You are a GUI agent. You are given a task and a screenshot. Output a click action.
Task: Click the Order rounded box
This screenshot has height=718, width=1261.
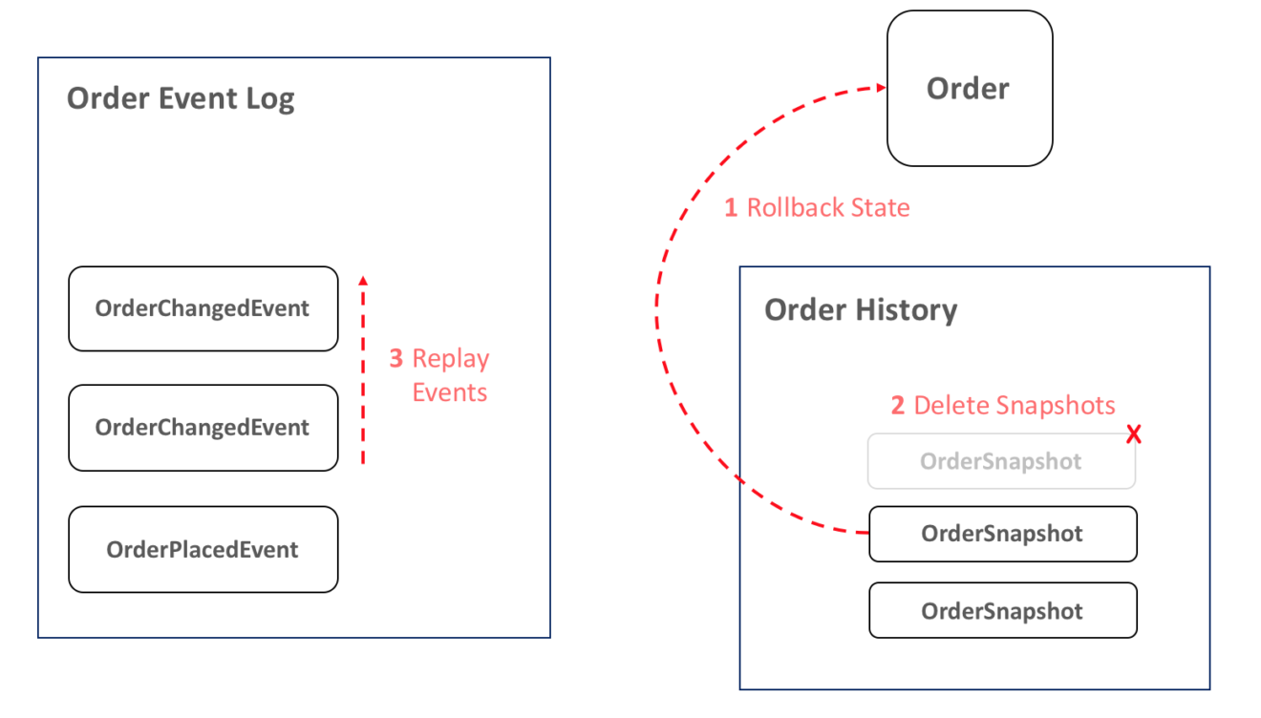click(969, 89)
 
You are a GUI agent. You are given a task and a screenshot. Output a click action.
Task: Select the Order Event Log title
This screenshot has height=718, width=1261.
click(181, 98)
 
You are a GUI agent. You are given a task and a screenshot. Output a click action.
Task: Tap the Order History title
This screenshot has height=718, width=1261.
click(861, 310)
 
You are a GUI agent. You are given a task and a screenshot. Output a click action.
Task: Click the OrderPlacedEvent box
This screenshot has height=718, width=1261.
click(203, 549)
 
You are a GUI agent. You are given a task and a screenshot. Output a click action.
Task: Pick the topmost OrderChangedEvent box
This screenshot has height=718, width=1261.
click(203, 308)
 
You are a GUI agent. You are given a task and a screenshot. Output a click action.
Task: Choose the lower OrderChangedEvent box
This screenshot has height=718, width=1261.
click(203, 428)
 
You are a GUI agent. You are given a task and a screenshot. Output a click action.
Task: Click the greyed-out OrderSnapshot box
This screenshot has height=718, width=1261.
click(1000, 461)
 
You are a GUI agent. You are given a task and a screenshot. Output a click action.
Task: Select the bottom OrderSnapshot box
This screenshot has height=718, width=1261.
click(1002, 611)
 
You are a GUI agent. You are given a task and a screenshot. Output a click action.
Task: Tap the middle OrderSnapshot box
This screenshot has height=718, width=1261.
click(1002, 534)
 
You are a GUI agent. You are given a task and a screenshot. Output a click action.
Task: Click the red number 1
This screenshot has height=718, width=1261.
click(731, 207)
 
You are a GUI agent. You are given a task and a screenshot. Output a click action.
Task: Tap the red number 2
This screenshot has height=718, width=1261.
click(897, 405)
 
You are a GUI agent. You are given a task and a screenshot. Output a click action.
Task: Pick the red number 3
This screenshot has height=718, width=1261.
click(396, 359)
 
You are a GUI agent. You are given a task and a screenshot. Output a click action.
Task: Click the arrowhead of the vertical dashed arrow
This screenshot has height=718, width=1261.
click(362, 280)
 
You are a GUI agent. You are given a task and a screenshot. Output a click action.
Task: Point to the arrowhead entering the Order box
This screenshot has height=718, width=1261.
click(880, 89)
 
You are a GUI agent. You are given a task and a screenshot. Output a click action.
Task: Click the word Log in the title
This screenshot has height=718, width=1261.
click(269, 99)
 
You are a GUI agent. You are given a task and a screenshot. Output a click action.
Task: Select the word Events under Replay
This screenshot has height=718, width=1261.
click(450, 392)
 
